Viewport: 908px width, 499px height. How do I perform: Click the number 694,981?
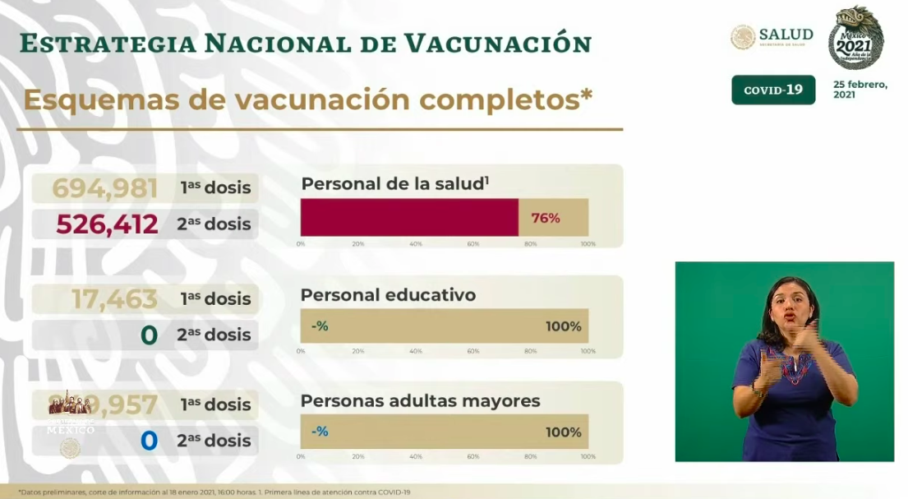[104, 188]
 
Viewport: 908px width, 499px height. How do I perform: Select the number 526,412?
[107, 224]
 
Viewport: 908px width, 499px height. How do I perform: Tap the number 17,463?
[114, 299]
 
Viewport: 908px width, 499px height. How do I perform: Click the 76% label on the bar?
[546, 218]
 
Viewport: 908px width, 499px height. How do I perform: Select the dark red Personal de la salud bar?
[409, 218]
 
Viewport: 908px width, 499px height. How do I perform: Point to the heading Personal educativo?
[388, 295]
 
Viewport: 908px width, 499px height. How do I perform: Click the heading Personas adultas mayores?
[420, 401]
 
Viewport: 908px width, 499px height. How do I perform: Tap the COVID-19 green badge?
[773, 90]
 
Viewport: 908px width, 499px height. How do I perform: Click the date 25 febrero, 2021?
[860, 90]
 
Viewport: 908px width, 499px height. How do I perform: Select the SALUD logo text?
[786, 35]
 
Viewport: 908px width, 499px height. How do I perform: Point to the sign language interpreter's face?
[790, 305]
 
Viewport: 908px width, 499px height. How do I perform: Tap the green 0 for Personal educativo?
[149, 335]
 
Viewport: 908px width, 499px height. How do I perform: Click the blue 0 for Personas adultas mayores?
[149, 441]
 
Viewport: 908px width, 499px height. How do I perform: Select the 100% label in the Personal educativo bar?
[563, 326]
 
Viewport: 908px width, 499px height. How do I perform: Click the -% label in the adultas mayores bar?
[320, 432]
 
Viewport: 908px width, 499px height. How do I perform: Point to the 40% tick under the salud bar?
[416, 245]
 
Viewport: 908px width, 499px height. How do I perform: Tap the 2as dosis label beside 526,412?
[214, 224]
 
